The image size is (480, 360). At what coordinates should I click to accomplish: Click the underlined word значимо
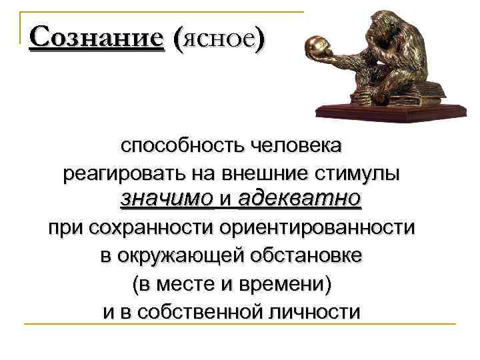point(167,198)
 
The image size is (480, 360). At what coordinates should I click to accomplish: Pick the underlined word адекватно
point(299,198)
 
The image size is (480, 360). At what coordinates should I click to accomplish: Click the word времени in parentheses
point(286,285)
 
